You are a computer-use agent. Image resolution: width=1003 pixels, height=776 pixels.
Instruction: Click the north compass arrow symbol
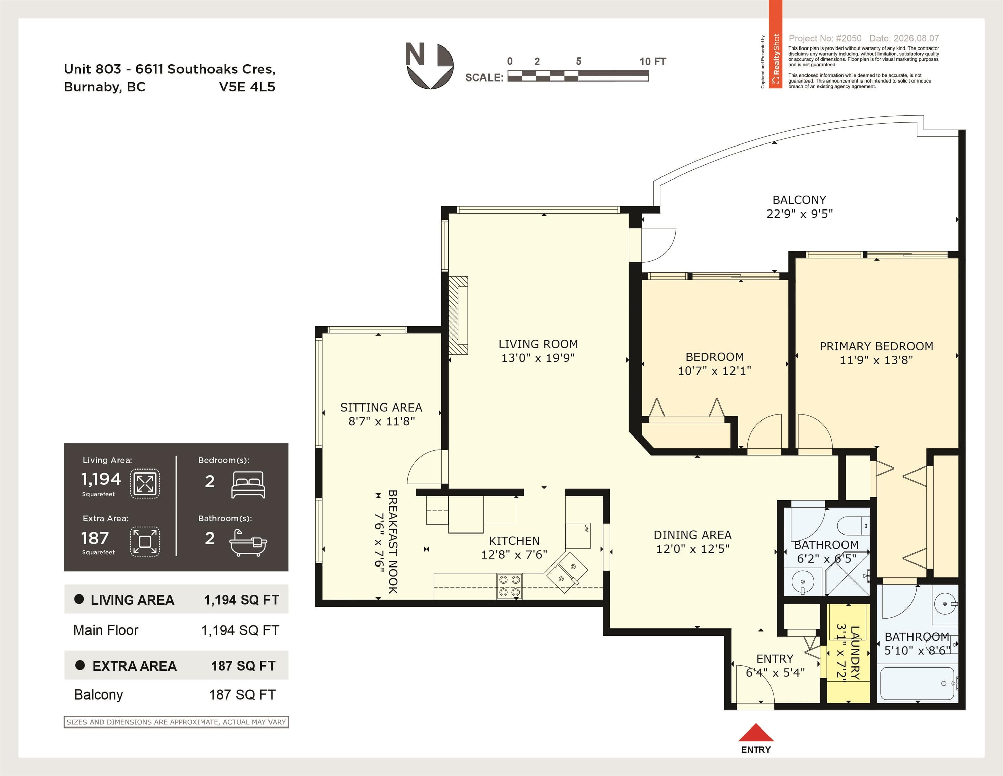click(x=429, y=66)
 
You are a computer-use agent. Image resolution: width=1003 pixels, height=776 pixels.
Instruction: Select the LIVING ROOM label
click(x=538, y=344)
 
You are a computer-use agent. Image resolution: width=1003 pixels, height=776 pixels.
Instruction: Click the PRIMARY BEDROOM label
click(x=876, y=346)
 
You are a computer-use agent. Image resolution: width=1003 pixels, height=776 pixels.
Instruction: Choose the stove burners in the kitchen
click(x=509, y=586)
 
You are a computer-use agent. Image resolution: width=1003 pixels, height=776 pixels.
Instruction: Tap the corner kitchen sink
click(x=567, y=573)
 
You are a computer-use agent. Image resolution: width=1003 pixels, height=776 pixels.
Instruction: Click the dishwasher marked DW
click(x=578, y=535)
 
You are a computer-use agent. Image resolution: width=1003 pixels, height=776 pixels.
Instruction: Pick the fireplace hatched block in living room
click(x=458, y=315)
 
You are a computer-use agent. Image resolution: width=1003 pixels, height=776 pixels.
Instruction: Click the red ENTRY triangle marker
click(x=755, y=732)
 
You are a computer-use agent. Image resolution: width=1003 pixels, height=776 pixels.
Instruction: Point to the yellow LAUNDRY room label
click(x=855, y=652)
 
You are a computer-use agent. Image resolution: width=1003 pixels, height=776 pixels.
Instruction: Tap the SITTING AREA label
click(x=381, y=407)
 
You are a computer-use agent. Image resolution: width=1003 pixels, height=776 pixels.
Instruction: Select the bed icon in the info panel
click(x=248, y=485)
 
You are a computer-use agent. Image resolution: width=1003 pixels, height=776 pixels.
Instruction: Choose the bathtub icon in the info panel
click(x=248, y=543)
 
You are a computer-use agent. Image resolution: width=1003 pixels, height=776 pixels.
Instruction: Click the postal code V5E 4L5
click(x=247, y=87)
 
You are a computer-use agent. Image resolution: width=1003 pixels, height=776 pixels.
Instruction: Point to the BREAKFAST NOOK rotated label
click(x=393, y=542)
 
